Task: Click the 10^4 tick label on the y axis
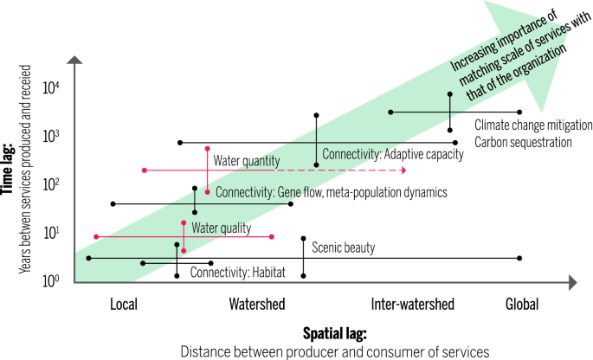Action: pyautogui.click(x=53, y=87)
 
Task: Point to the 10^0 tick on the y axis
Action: pyautogui.click(x=53, y=280)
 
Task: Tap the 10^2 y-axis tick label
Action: pyautogui.click(x=53, y=184)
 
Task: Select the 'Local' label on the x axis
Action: pyautogui.click(x=125, y=305)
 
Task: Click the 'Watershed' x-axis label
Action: pyautogui.click(x=258, y=305)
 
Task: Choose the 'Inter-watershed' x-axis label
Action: pyautogui.click(x=412, y=305)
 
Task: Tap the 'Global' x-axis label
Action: pyautogui.click(x=522, y=305)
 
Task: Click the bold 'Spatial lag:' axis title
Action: pyautogui.click(x=335, y=333)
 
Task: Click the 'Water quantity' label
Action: pyautogui.click(x=247, y=160)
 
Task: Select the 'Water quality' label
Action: pyautogui.click(x=221, y=228)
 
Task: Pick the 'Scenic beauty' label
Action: pyautogui.click(x=344, y=248)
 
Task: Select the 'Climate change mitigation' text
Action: pyautogui.click(x=533, y=125)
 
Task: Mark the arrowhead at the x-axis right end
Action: pyautogui.click(x=574, y=281)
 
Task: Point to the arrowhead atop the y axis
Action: pyautogui.click(x=75, y=61)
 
